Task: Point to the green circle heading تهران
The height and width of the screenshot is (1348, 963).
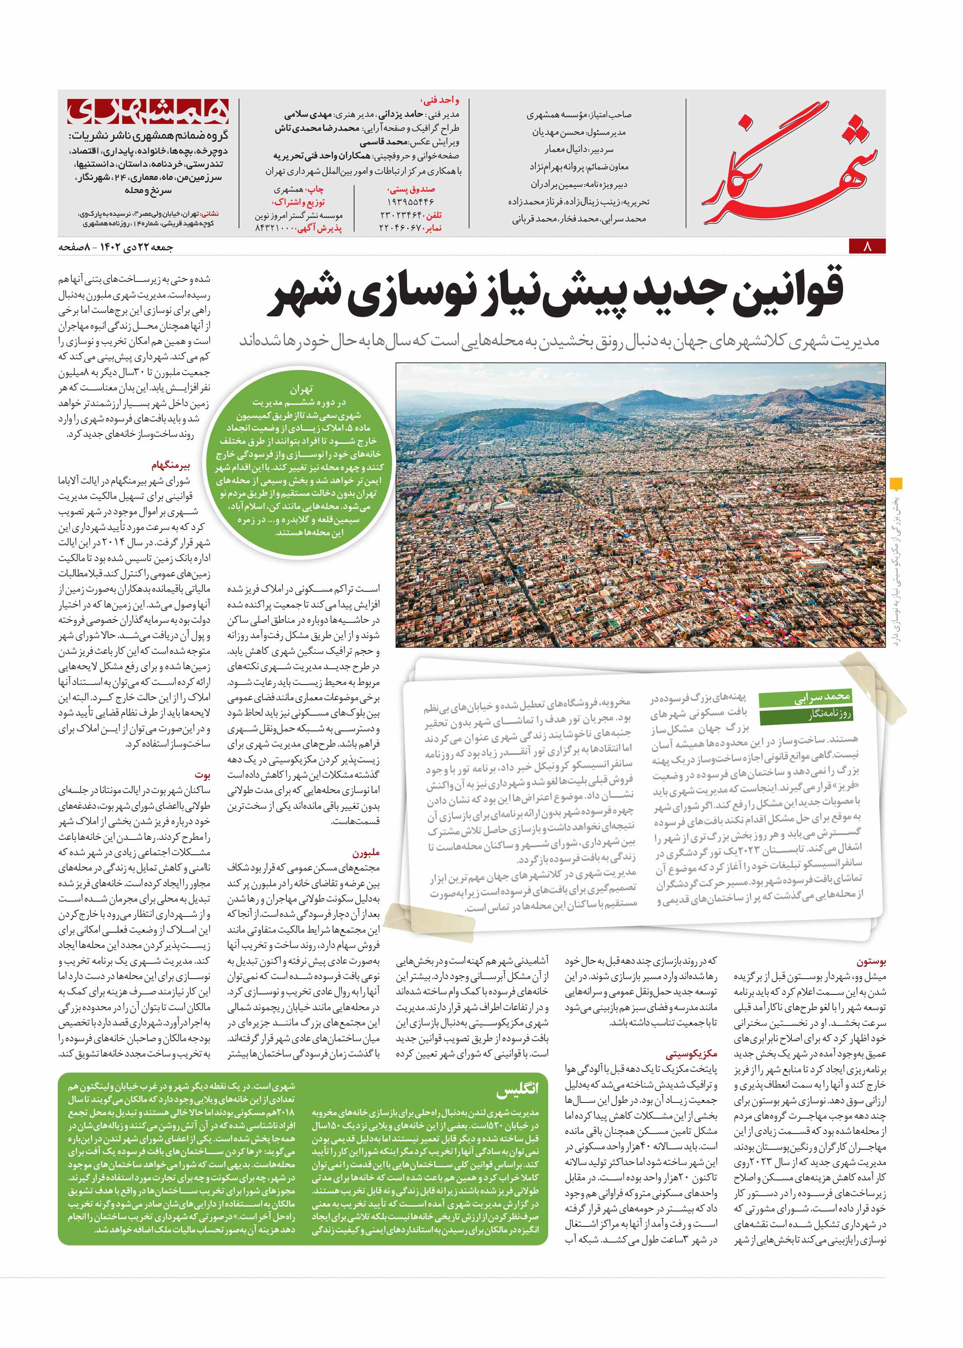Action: point(301,390)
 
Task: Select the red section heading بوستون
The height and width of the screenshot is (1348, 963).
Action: point(871,961)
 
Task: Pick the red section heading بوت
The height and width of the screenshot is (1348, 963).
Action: point(202,775)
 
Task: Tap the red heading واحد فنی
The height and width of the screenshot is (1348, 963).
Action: point(439,101)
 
